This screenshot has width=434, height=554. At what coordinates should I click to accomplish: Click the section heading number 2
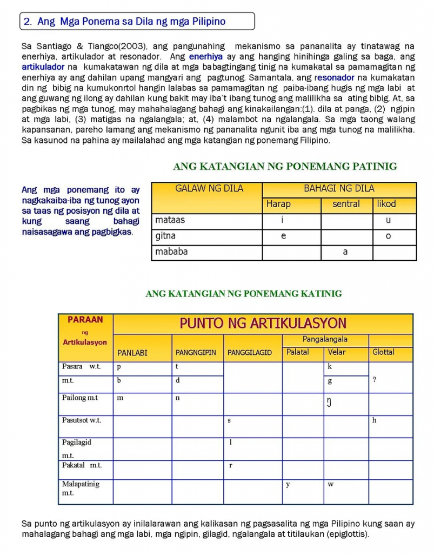click(x=28, y=22)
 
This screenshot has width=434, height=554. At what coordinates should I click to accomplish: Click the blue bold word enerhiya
click(x=206, y=56)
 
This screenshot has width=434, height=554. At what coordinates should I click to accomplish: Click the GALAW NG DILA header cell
click(x=209, y=189)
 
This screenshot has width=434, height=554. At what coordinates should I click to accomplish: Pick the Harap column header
click(x=278, y=204)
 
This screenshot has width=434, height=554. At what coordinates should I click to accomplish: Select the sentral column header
click(x=346, y=204)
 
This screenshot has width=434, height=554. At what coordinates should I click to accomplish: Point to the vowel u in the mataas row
click(x=388, y=220)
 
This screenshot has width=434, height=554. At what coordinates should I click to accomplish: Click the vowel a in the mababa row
click(x=345, y=252)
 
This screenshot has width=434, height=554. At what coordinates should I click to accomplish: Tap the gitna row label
click(x=165, y=236)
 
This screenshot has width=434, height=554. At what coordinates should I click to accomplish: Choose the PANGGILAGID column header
click(x=250, y=352)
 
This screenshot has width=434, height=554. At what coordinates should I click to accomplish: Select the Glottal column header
click(x=383, y=352)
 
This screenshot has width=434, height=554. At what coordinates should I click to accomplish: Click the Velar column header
click(x=336, y=352)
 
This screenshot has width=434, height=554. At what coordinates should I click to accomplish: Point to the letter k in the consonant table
click(x=330, y=367)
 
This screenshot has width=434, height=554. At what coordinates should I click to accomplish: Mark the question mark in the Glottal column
click(x=375, y=380)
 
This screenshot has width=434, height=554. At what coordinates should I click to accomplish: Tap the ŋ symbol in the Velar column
click(x=329, y=401)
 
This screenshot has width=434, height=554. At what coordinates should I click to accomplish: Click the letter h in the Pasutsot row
click(x=375, y=420)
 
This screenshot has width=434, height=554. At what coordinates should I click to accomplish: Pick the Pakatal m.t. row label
click(x=82, y=465)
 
